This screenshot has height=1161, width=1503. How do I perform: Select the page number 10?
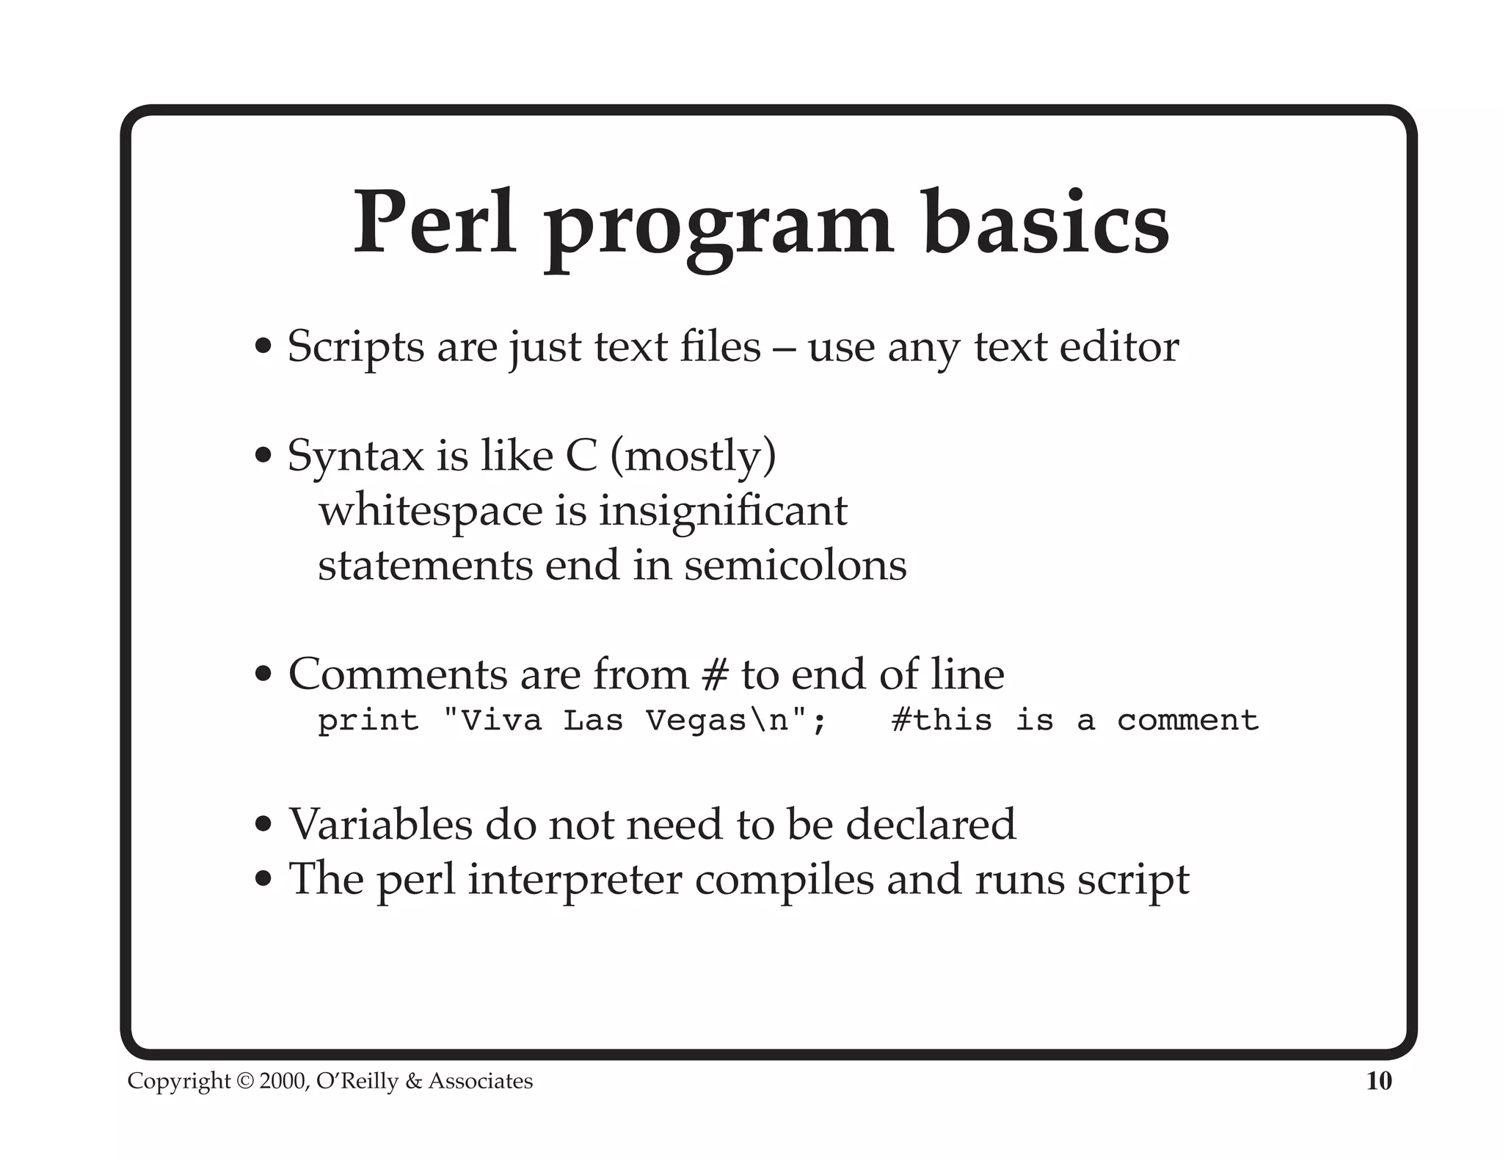1379,1081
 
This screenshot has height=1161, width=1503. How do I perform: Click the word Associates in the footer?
481,1081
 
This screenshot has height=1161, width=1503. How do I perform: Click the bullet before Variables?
263,825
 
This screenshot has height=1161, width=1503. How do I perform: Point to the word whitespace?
430,511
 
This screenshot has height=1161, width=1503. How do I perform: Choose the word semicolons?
796,566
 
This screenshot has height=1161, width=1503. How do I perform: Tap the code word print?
368,721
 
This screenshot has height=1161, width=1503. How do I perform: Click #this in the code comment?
942,721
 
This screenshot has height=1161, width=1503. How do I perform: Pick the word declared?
931,824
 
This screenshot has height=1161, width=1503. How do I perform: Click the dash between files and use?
785,348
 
